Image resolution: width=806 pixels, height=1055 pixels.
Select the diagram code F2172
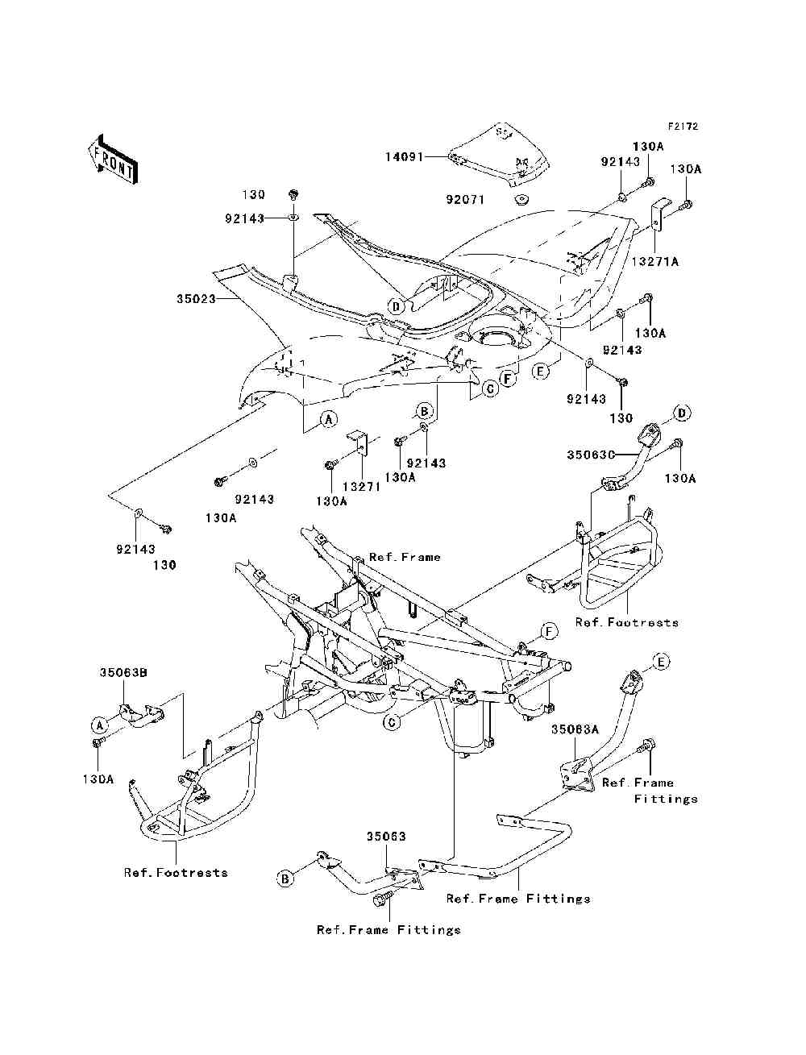tap(682, 127)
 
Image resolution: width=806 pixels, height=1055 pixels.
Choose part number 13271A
tap(654, 261)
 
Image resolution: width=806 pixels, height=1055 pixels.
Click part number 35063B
tap(123, 671)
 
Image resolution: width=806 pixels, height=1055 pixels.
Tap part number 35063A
tap(575, 729)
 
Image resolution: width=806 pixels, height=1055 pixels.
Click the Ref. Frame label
tap(405, 557)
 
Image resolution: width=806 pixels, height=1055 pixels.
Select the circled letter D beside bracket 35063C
tap(682, 413)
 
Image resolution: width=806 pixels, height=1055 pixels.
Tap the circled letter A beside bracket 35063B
tap(99, 724)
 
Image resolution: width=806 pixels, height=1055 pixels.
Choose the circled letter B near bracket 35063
tap(285, 878)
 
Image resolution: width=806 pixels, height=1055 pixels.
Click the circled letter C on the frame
tap(392, 721)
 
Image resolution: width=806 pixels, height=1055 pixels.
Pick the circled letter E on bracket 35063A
tap(660, 662)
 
